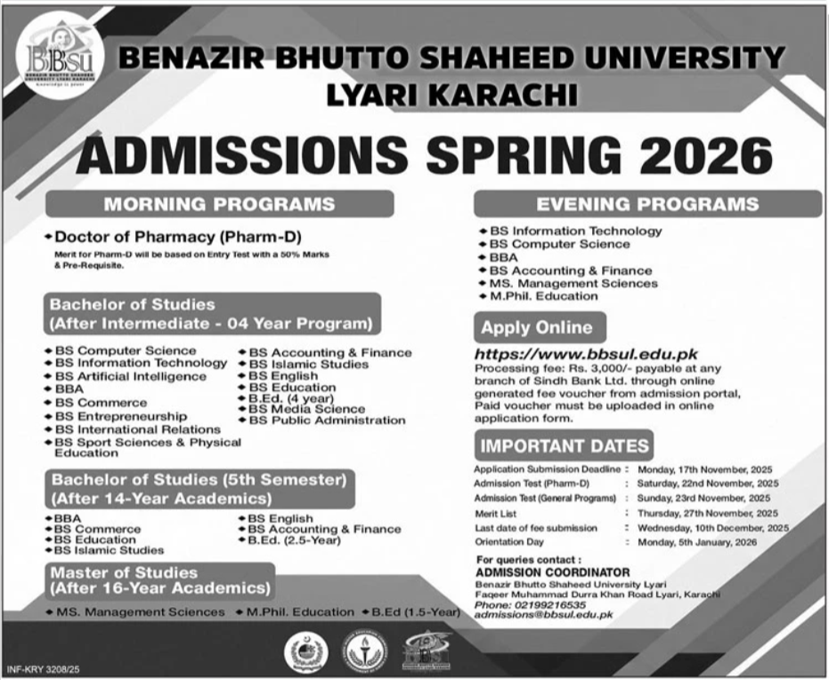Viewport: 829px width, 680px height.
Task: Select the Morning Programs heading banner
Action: (x=219, y=204)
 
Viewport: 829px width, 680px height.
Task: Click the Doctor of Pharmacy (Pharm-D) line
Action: (x=179, y=237)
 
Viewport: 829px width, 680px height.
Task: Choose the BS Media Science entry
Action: (x=306, y=409)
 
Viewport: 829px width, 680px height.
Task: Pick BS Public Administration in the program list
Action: (x=327, y=421)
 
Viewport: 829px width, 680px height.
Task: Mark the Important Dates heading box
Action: (x=564, y=446)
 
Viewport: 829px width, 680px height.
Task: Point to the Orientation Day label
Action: (x=508, y=542)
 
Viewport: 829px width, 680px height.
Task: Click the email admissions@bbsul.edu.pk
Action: (x=544, y=615)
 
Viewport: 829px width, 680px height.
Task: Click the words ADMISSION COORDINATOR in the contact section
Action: (x=552, y=572)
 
